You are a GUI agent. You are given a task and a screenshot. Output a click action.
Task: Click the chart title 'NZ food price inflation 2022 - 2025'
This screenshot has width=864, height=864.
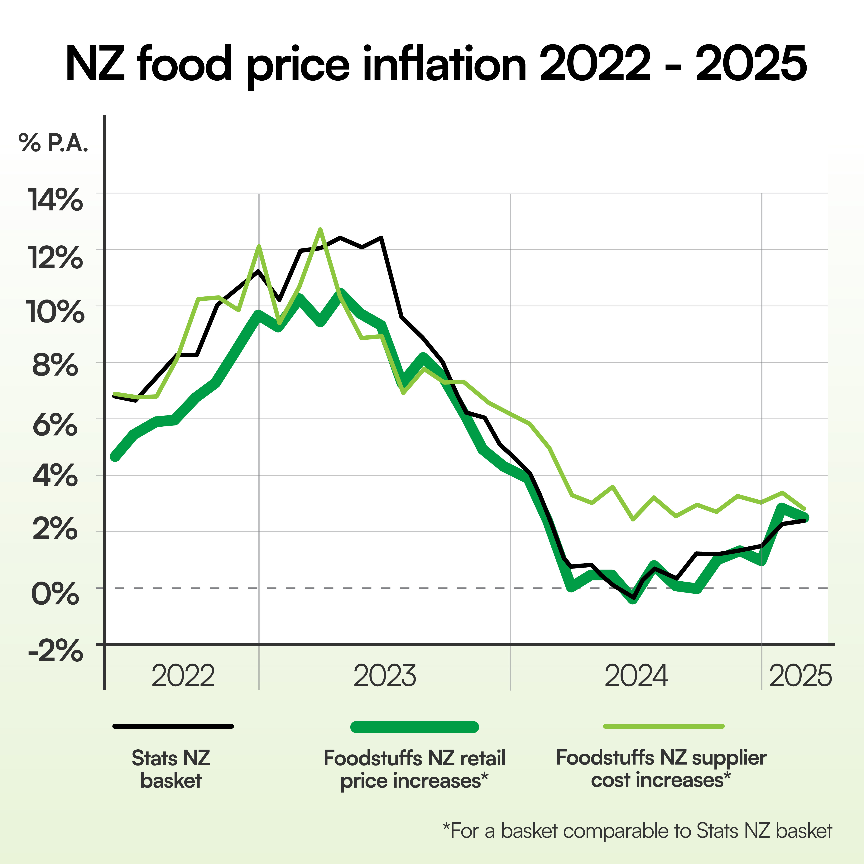pos(436,64)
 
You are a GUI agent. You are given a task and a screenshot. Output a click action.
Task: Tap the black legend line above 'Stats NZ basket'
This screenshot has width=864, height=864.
pos(173,726)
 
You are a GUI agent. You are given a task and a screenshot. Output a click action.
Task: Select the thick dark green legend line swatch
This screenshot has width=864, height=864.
pos(415,727)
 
